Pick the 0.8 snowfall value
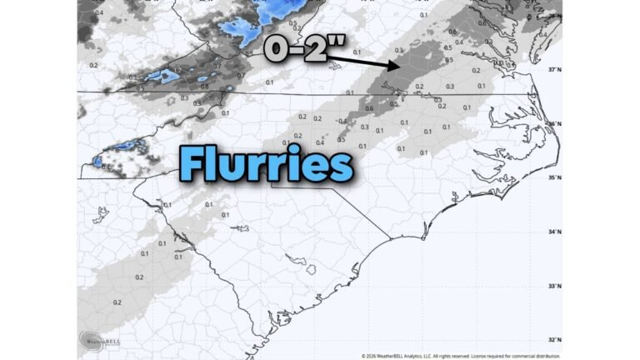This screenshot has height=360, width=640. coord(204,86)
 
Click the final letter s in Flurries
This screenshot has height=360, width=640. coord(342,166)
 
